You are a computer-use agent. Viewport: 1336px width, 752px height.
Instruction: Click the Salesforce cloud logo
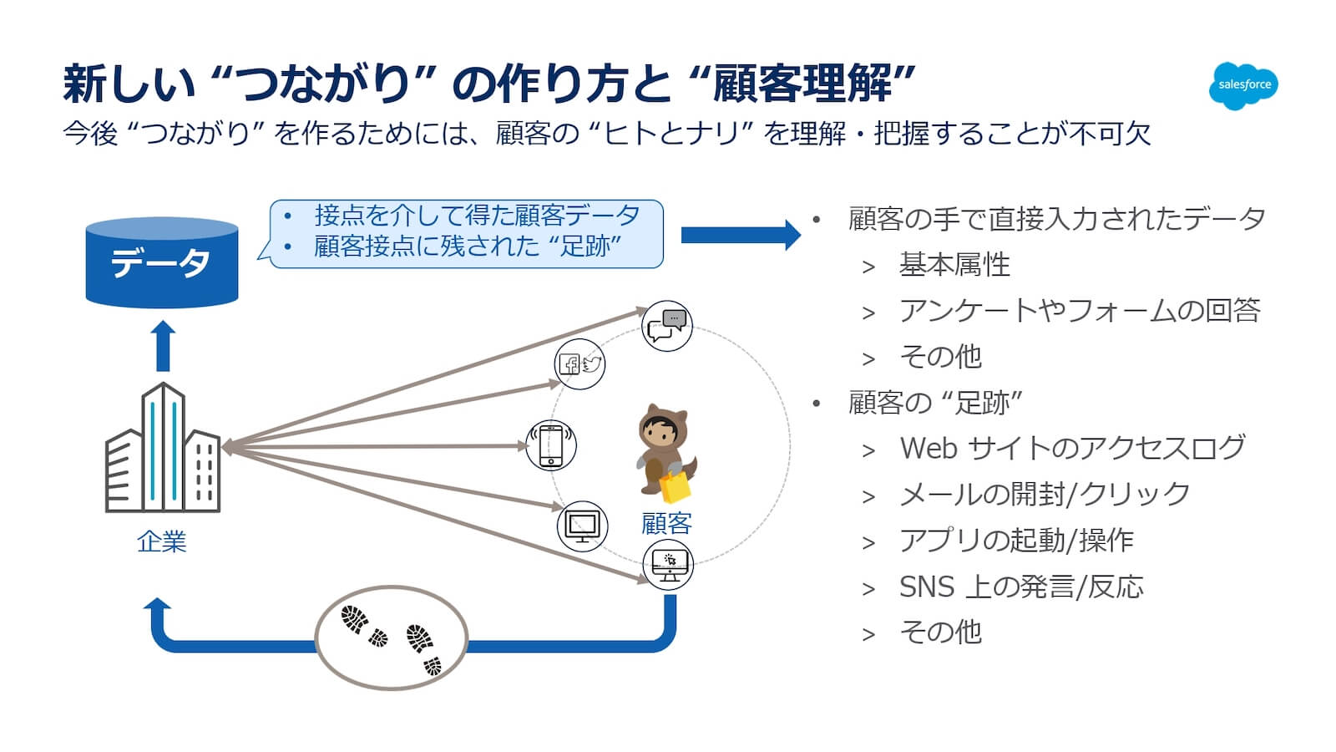(x=1243, y=85)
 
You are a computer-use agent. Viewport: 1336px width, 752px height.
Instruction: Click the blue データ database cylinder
(x=162, y=263)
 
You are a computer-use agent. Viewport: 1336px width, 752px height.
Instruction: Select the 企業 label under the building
(x=161, y=541)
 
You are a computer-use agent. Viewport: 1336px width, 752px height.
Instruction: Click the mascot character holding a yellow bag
(x=665, y=451)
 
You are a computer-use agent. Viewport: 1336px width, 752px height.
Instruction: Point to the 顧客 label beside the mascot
(x=666, y=524)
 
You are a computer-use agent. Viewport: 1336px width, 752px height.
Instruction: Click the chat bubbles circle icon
(x=666, y=326)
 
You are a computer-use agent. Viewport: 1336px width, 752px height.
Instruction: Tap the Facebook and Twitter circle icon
(x=579, y=363)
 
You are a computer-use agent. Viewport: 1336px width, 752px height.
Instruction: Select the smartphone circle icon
(x=551, y=445)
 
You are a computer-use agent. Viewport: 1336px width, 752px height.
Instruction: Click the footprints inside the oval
(x=391, y=638)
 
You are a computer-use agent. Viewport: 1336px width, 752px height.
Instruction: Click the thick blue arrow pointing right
(x=740, y=235)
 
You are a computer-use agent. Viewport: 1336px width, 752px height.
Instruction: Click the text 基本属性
(x=954, y=265)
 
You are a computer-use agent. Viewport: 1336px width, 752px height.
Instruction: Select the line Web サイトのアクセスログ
(x=1072, y=448)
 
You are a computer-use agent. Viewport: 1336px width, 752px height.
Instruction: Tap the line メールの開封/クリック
(x=1044, y=494)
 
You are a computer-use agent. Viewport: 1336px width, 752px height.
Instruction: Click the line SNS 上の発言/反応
(x=1020, y=587)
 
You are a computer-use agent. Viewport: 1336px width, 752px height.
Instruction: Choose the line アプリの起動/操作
(x=1015, y=540)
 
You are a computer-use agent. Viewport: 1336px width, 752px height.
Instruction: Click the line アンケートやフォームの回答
(x=1079, y=311)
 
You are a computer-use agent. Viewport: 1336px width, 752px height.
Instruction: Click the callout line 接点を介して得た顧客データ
(x=477, y=216)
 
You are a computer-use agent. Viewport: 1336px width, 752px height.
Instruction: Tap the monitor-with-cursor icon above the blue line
(x=668, y=565)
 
